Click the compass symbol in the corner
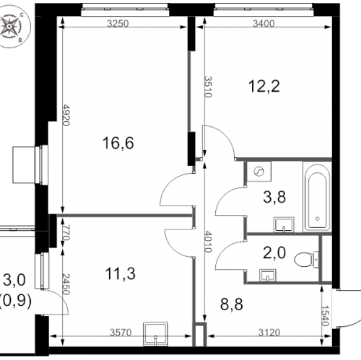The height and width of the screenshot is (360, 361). click(x=13, y=27)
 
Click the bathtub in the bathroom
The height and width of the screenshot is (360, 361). click(x=316, y=198)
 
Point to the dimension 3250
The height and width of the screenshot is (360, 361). click(x=118, y=24)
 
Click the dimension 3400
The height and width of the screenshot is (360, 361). click(x=265, y=24)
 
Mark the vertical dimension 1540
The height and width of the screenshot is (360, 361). click(x=326, y=315)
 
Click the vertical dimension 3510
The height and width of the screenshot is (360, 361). click(x=207, y=88)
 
